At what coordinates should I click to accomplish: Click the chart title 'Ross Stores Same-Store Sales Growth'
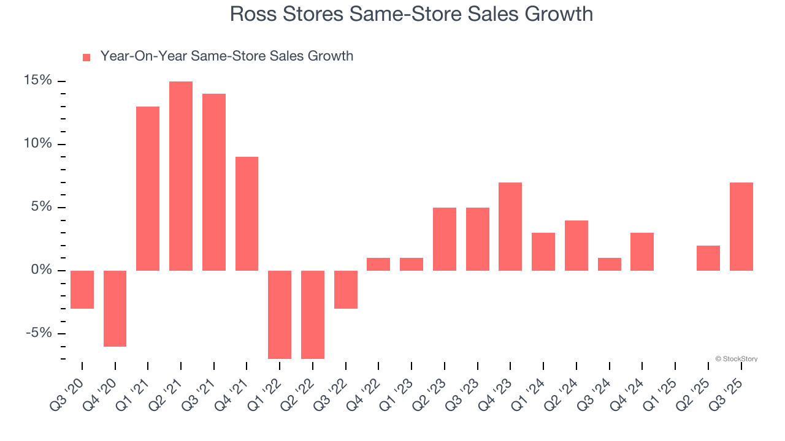411,13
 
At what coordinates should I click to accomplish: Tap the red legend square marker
86,58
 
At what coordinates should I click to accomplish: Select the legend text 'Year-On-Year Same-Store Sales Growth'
226,56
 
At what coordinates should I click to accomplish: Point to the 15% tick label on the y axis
38,81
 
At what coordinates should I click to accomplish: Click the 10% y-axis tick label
38,144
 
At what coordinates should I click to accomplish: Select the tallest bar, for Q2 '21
181,176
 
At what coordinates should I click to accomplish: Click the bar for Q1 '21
148,189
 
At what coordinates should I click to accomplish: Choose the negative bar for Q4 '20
115,308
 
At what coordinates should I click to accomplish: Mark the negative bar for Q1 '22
280,314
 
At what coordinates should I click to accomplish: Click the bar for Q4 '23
510,227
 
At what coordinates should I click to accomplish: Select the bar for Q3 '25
741,227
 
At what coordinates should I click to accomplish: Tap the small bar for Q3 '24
609,264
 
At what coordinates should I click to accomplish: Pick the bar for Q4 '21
247,214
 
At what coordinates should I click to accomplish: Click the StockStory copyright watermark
736,359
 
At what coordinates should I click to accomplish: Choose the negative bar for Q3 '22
345,289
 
